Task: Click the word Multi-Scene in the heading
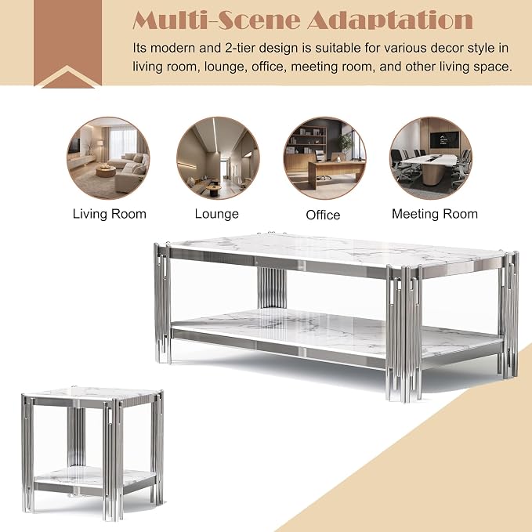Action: [x=216, y=20]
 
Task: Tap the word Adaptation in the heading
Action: [x=390, y=20]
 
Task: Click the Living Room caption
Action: [x=109, y=214]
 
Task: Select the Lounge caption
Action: [x=216, y=214]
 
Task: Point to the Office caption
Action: [x=323, y=215]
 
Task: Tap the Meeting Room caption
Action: [x=435, y=214]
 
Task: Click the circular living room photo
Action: [x=108, y=158]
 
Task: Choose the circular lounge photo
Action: [x=218, y=158]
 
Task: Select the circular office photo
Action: [x=324, y=158]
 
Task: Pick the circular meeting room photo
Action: [x=431, y=158]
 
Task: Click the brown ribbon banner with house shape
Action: [x=67, y=43]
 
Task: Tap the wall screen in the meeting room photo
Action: [x=443, y=139]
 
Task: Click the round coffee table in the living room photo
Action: [x=106, y=171]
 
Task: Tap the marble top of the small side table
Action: [x=92, y=393]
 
